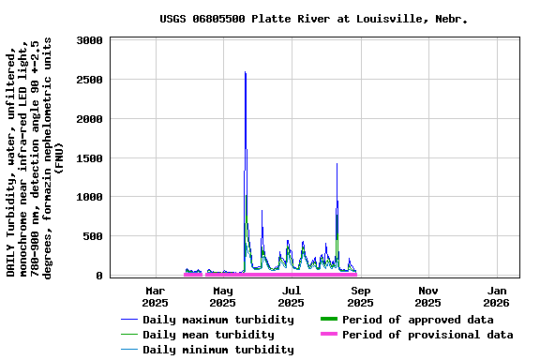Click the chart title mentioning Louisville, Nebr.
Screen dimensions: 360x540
(313, 18)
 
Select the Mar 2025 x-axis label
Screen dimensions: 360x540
(155, 296)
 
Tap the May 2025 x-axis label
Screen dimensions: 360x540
(222, 296)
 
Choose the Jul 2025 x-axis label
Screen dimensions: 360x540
(292, 296)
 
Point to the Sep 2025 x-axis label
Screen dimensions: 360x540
(360, 296)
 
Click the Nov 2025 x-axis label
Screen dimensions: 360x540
(427, 296)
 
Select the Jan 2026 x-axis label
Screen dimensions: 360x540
(496, 296)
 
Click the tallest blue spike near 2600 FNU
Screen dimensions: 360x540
(245, 73)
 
